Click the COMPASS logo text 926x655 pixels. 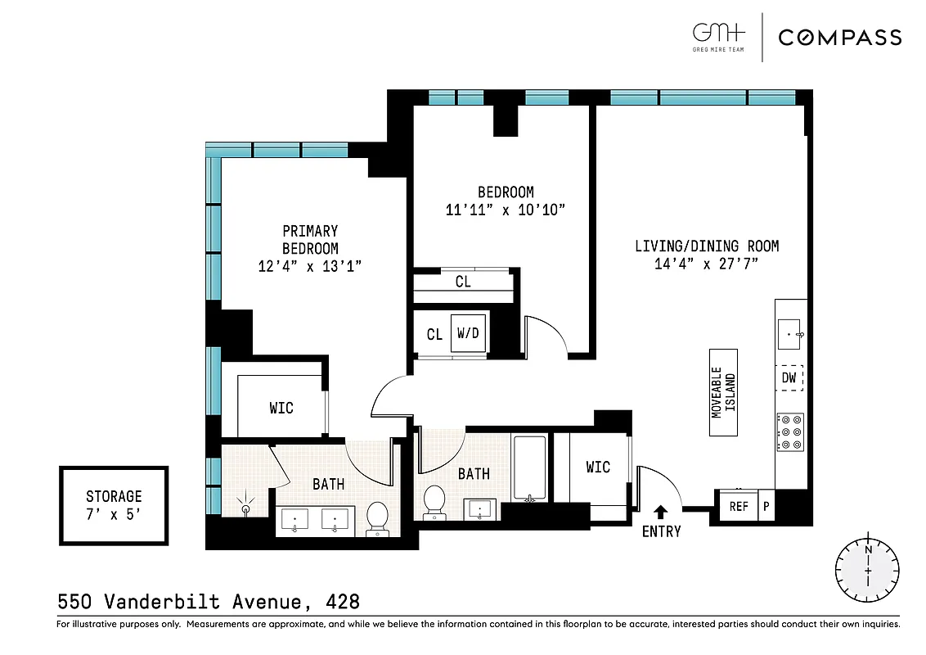tap(839, 37)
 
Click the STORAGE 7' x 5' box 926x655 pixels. tap(114, 505)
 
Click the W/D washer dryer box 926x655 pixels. tap(469, 333)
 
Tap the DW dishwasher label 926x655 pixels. tap(789, 377)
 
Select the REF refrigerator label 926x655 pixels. tap(739, 506)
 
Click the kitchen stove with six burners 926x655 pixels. tap(789, 432)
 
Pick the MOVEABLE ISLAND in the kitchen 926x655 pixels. tap(723, 392)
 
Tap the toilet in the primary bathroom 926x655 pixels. tap(377, 517)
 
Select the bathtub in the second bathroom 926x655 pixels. tap(531, 468)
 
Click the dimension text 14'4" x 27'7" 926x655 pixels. tap(707, 264)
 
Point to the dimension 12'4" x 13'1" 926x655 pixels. tap(310, 265)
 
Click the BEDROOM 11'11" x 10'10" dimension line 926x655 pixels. tap(506, 210)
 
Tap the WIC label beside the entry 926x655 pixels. tap(598, 467)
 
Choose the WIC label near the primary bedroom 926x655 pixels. tap(281, 408)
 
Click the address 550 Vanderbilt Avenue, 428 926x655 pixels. tap(208, 602)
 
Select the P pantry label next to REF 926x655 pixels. tap(766, 506)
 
